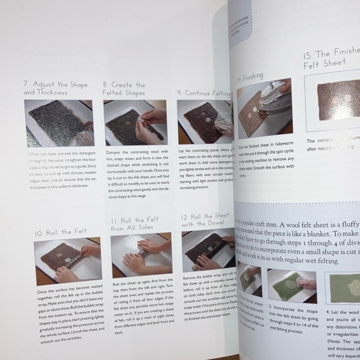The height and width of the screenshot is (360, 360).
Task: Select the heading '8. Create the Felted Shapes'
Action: point(124,88)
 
